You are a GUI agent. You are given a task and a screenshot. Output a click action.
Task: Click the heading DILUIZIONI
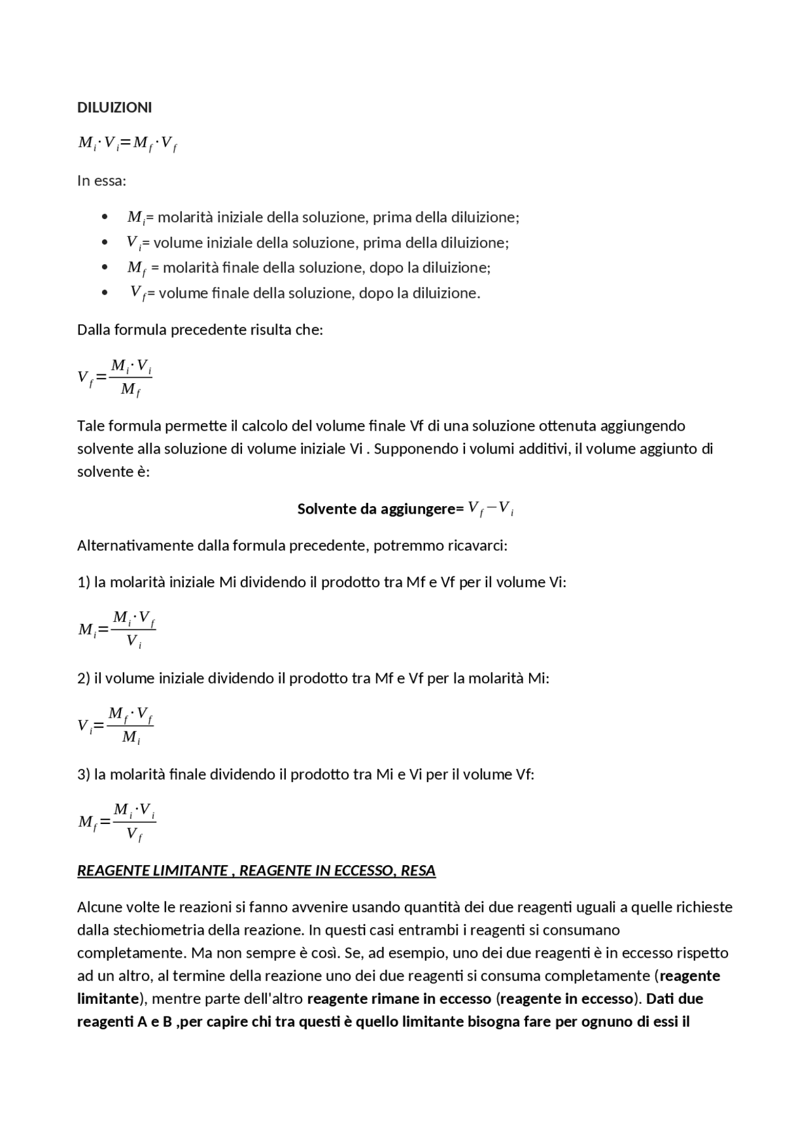[114, 108]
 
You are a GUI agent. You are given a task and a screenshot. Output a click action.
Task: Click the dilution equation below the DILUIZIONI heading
[127, 144]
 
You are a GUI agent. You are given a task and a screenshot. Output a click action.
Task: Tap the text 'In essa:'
[101, 181]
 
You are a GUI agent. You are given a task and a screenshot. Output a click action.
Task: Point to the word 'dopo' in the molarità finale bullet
[386, 267]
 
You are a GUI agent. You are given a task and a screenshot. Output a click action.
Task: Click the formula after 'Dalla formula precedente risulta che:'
[115, 377]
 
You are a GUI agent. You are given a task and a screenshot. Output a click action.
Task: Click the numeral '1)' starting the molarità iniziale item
[84, 582]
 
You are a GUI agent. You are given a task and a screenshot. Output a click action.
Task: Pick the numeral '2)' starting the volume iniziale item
[84, 678]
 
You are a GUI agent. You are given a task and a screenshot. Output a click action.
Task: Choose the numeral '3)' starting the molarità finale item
[84, 774]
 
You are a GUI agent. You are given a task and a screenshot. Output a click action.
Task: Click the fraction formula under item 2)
[115, 726]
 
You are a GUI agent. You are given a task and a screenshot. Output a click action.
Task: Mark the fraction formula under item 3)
[117, 822]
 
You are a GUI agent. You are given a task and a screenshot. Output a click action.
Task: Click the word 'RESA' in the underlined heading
[418, 871]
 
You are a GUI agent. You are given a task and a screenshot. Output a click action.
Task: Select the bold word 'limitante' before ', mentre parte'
[108, 998]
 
